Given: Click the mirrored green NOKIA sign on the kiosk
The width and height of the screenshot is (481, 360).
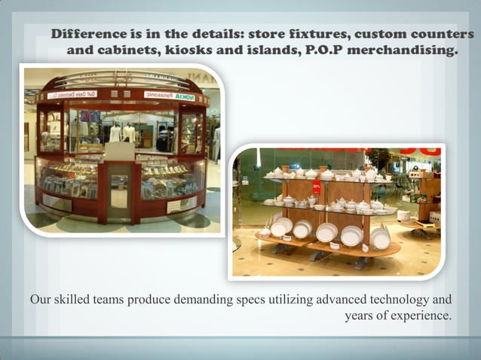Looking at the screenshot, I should point(184,96).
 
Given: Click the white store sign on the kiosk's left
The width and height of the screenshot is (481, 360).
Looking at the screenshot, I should point(72,95).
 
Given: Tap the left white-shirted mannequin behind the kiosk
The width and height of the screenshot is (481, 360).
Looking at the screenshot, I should point(115,133).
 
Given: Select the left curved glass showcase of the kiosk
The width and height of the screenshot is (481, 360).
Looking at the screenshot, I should point(69,177).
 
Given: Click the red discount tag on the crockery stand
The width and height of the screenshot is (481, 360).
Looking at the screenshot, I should point(317,187).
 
